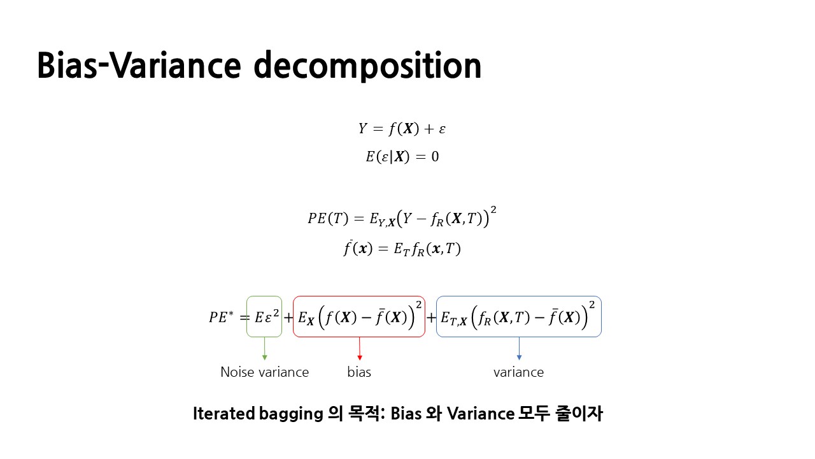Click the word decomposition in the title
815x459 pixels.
click(x=367, y=66)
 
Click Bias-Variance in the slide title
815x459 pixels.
click(x=139, y=65)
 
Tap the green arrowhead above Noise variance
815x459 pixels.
click(x=264, y=358)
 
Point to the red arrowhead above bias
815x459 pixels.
click(x=360, y=358)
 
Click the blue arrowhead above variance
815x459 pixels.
click(x=519, y=358)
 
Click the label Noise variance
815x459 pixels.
click(x=264, y=372)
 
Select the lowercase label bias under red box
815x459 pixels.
click(x=359, y=372)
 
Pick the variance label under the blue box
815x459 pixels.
click(x=518, y=372)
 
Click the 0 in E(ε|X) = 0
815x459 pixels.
click(x=435, y=157)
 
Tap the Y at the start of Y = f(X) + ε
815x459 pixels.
click(x=363, y=128)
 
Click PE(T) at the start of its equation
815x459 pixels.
click(x=328, y=219)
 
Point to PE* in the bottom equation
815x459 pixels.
click(x=221, y=317)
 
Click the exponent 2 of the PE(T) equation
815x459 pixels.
click(x=493, y=210)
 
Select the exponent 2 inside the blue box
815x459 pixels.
click(x=592, y=305)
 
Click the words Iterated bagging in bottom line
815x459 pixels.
click(x=258, y=414)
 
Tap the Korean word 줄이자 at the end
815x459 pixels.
click(x=579, y=414)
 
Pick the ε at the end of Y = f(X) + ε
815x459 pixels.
click(x=442, y=129)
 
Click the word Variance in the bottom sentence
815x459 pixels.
click(x=481, y=414)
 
